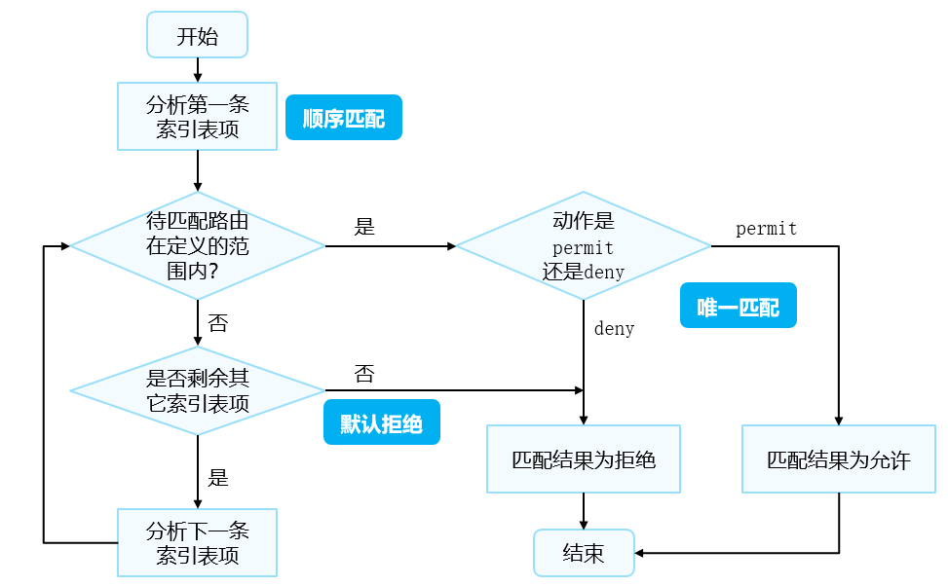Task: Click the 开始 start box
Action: coord(198,37)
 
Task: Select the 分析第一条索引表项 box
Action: coord(198,117)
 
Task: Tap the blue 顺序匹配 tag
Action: coord(343,119)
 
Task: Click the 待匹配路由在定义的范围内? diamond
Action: coord(198,246)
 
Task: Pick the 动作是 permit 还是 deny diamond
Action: coord(583,246)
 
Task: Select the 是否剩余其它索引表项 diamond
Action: coord(198,390)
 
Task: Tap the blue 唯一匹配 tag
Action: coord(738,306)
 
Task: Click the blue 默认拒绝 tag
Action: coord(381,422)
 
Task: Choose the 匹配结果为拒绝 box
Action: coord(583,458)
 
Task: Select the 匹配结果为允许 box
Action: coord(838,458)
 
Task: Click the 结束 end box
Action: coord(583,553)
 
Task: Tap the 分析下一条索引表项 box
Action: coord(198,543)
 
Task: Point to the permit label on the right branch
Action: coord(766,230)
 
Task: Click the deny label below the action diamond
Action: coord(614,329)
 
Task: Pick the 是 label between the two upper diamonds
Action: coord(364,227)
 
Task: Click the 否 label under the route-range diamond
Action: coord(218,322)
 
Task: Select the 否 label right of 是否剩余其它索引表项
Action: coord(364,374)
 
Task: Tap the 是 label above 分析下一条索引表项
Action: coord(218,477)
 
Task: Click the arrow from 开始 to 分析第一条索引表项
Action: coord(198,70)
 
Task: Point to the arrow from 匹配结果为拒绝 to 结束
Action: coord(583,511)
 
